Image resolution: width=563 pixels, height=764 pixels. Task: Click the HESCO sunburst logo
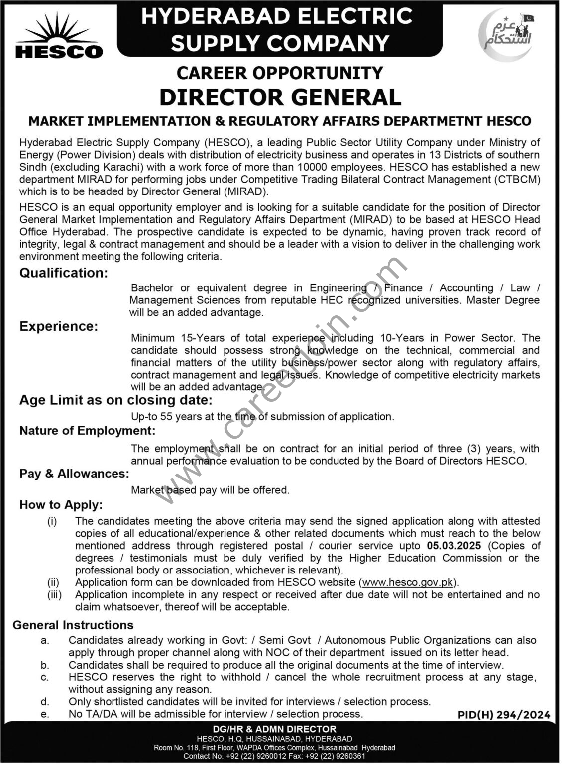pos(59,36)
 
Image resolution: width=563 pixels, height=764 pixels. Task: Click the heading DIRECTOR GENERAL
pos(280,97)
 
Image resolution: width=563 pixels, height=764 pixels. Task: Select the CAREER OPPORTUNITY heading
pos(280,73)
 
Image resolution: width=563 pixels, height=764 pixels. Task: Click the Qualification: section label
pos(63,273)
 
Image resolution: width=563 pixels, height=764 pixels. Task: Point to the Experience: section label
pos(59,326)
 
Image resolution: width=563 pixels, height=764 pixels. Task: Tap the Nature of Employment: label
pos(87,431)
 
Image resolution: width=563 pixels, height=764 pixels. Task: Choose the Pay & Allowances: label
pos(74,474)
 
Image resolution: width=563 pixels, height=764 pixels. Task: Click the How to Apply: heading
pos(61,505)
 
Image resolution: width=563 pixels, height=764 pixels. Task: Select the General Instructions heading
pos(73,625)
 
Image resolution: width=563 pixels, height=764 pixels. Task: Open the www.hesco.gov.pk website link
pos(408,582)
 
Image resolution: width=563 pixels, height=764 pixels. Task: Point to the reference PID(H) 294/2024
pos(504,715)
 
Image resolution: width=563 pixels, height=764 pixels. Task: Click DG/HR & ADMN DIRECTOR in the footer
pos(281,729)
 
